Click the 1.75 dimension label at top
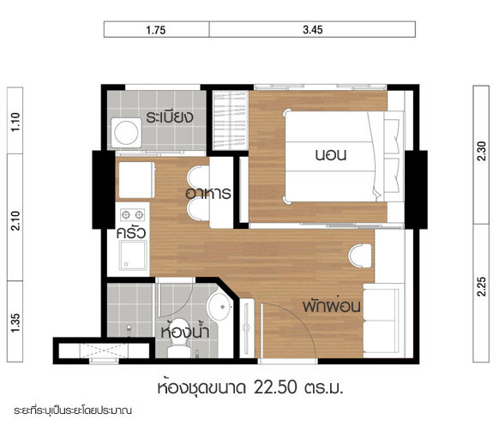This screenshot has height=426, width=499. (156, 30)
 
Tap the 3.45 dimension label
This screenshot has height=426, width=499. (313, 30)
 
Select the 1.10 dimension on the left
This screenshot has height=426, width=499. (15, 123)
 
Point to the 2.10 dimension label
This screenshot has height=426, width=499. (15, 220)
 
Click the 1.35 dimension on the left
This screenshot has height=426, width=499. (15, 323)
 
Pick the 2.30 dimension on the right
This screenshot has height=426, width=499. (482, 152)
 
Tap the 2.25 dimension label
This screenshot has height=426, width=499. (482, 286)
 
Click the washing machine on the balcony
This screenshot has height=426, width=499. (126, 133)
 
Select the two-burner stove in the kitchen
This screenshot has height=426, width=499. (133, 215)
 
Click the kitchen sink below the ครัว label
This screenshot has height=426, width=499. (133, 255)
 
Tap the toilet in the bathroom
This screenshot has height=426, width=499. (179, 339)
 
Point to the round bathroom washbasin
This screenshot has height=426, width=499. (219, 307)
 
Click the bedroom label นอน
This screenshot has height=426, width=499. (331, 155)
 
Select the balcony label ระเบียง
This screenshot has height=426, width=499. (170, 117)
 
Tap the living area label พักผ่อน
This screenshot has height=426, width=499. (331, 305)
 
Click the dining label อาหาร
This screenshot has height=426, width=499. (208, 193)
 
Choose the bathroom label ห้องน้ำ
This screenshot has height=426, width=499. (185, 330)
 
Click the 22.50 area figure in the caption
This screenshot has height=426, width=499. (275, 387)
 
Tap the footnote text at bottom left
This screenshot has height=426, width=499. (73, 411)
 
